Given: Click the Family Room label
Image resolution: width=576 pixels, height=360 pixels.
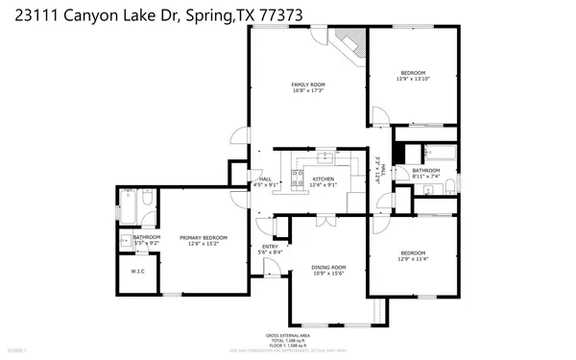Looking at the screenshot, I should tap(308, 84).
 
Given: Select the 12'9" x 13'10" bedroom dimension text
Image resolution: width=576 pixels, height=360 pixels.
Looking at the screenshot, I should tap(414, 80).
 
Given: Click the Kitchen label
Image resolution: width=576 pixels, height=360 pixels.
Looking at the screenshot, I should tap(323, 180).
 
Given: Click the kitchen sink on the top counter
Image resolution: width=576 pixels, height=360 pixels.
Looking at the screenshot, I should tap(325, 156).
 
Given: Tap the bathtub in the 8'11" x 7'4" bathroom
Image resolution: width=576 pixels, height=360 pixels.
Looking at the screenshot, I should tap(440, 153).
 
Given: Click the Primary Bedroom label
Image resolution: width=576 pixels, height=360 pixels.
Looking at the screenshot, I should tap(204, 237).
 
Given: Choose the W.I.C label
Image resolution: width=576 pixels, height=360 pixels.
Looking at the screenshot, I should tap(137, 272).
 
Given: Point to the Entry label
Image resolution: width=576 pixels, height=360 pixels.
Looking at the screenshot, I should tap(270, 247).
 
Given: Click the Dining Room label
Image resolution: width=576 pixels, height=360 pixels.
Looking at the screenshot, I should tap(328, 268).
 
